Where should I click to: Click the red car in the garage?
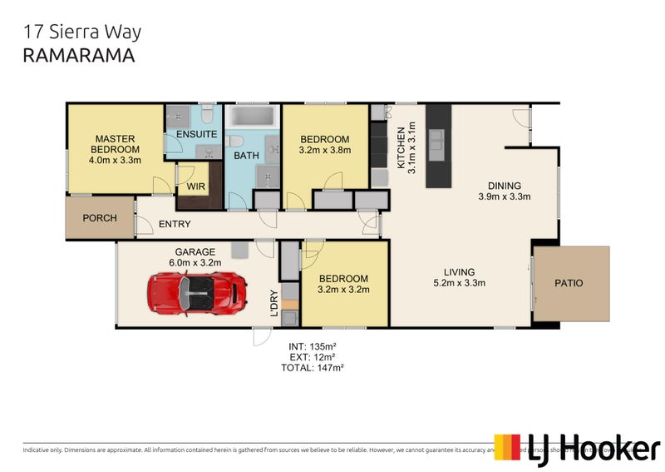(198, 291)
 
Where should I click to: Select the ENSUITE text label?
(197, 134)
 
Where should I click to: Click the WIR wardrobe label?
(195, 186)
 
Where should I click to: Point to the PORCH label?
(99, 218)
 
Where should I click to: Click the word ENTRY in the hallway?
(174, 224)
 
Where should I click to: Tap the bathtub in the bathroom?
(254, 117)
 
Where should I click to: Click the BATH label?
(246, 155)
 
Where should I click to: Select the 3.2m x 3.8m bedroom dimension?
(325, 151)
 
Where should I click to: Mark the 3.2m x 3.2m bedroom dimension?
(343, 290)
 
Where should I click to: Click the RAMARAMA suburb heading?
(78, 56)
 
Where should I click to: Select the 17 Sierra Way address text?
(81, 32)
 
